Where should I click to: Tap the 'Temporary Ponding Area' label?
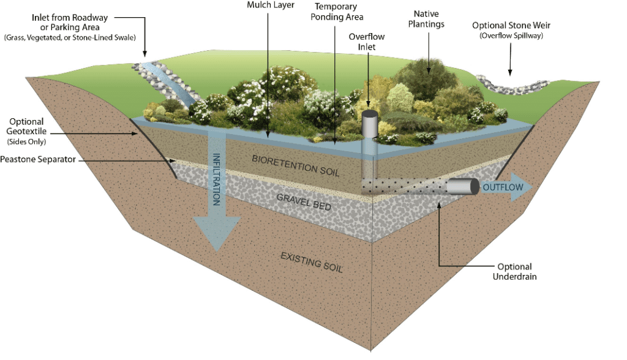pyautogui.click(x=336, y=12)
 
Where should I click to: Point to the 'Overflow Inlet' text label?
pyautogui.click(x=367, y=42)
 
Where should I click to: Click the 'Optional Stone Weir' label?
pyautogui.click(x=511, y=26)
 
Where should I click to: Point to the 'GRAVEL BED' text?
pyautogui.click(x=304, y=202)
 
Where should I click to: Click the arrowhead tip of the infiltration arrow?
pyautogui.click(x=216, y=250)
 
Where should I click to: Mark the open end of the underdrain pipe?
pyautogui.click(x=474, y=187)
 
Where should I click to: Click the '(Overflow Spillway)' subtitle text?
pyautogui.click(x=511, y=36)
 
